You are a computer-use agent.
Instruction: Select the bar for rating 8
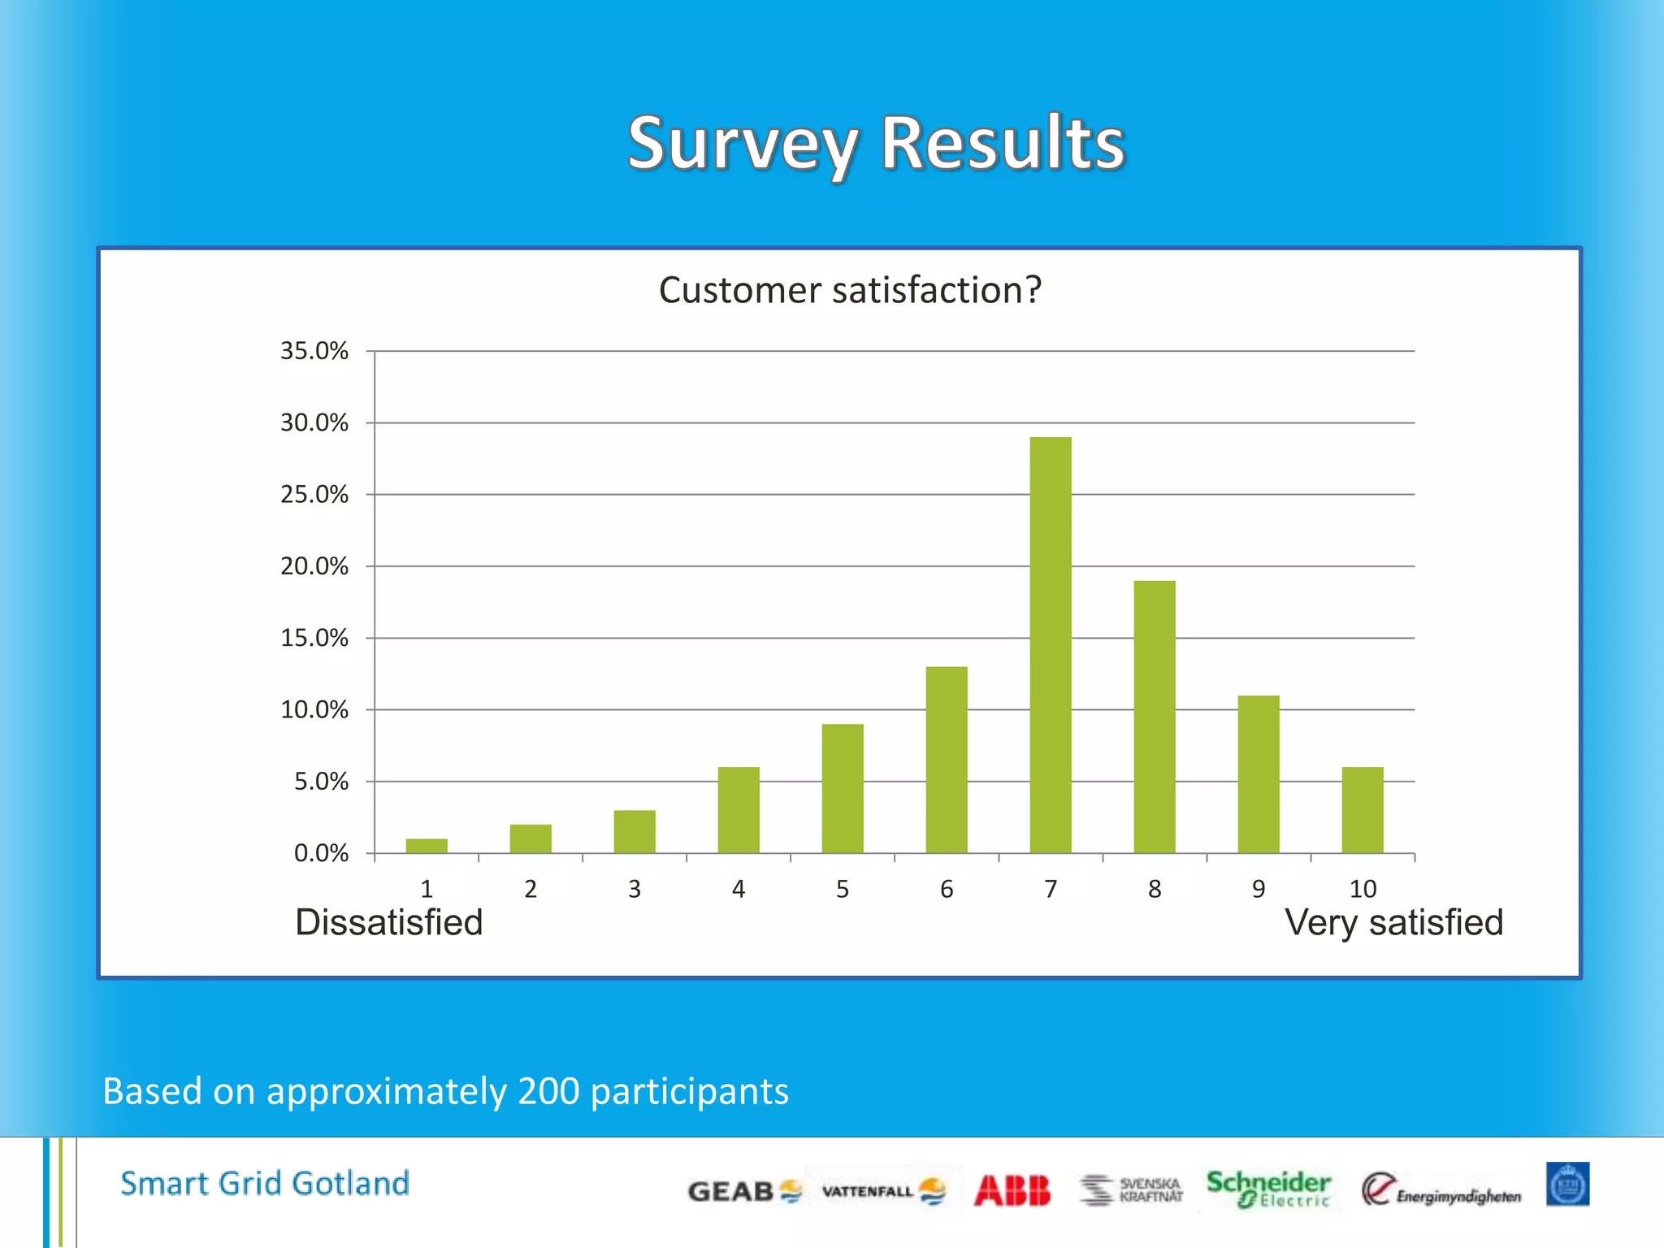(1154, 717)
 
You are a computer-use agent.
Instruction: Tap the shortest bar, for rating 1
(427, 846)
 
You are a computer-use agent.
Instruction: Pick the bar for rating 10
(1362, 810)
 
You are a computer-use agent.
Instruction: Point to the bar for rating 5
(843, 788)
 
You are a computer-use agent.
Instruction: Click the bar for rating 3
(635, 831)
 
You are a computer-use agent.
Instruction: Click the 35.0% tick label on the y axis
(314, 351)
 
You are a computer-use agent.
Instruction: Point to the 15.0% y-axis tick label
(314, 638)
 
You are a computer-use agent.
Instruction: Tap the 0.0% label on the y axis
(321, 853)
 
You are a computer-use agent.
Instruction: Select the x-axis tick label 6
(947, 890)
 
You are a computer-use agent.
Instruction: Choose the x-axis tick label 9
(1259, 890)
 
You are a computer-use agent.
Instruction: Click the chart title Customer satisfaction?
(850, 290)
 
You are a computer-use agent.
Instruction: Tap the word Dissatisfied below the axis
(389, 923)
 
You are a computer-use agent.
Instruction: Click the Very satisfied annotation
(1393, 923)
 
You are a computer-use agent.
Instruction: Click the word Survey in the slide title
(743, 144)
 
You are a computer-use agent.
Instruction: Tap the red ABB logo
(1012, 1191)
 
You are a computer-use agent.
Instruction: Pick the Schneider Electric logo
(1267, 1189)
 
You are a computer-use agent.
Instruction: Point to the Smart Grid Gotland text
(265, 1184)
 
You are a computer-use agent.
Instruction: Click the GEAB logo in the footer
(743, 1192)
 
